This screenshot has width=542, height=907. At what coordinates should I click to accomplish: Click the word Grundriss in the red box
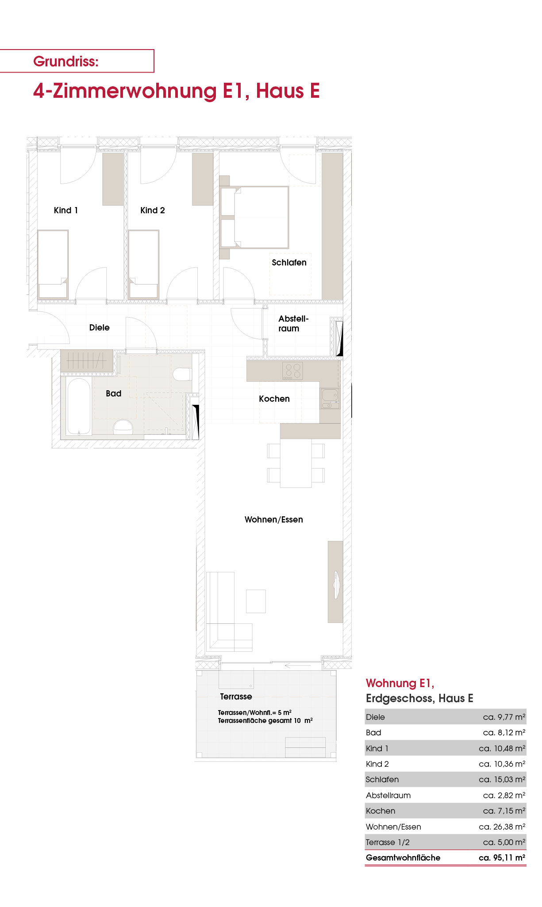[65, 61]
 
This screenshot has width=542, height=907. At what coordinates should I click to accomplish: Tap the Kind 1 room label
[65, 210]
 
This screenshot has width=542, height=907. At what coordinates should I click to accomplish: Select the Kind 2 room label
[153, 210]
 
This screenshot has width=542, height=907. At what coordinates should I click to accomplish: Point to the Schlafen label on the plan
[289, 262]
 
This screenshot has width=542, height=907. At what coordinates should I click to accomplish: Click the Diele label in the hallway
[100, 327]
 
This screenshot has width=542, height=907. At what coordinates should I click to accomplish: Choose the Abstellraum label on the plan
[293, 323]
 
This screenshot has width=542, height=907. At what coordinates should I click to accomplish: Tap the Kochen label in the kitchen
[274, 399]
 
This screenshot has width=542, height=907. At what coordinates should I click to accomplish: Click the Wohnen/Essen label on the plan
[274, 519]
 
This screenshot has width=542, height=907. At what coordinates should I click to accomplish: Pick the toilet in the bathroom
[182, 374]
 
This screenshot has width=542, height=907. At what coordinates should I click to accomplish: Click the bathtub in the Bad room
[79, 406]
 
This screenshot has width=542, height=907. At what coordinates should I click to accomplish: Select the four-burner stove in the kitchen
[292, 371]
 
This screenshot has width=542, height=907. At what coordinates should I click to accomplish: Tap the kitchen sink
[330, 398]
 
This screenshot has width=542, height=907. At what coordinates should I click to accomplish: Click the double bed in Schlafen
[254, 217]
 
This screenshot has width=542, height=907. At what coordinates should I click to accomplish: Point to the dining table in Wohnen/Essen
[296, 463]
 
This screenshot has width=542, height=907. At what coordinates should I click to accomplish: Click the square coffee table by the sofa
[256, 601]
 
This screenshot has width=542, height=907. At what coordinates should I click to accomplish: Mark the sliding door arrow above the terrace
[298, 665]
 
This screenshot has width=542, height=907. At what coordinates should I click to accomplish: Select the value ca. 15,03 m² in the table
[502, 780]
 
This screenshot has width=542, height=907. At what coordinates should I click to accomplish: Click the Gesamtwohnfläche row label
[403, 857]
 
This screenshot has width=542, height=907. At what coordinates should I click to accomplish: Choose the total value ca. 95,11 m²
[502, 857]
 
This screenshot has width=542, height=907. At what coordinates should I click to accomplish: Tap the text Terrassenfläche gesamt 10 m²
[265, 720]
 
